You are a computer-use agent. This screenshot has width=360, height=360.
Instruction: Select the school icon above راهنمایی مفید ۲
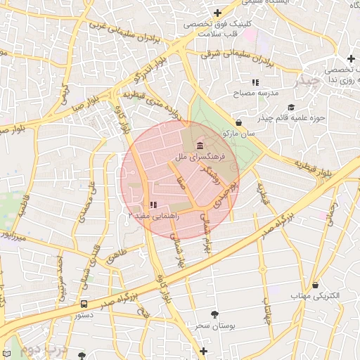pyautogui.click(x=153, y=204)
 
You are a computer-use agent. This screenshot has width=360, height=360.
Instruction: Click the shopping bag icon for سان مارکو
pyautogui.click(x=239, y=122)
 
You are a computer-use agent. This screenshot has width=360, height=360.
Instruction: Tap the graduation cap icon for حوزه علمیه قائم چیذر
pyautogui.click(x=291, y=108)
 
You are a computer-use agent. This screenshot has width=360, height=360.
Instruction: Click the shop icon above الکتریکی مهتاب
pyautogui.click(x=315, y=285)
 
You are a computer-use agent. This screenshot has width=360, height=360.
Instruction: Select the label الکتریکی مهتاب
pyautogui.click(x=316, y=296)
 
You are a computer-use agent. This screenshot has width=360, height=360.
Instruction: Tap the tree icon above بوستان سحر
pyautogui.click(x=214, y=314)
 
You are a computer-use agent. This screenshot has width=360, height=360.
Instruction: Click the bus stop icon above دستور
pyautogui.click(x=84, y=304)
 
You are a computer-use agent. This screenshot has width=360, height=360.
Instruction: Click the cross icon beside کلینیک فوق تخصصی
pyautogui.click(x=218, y=13)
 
